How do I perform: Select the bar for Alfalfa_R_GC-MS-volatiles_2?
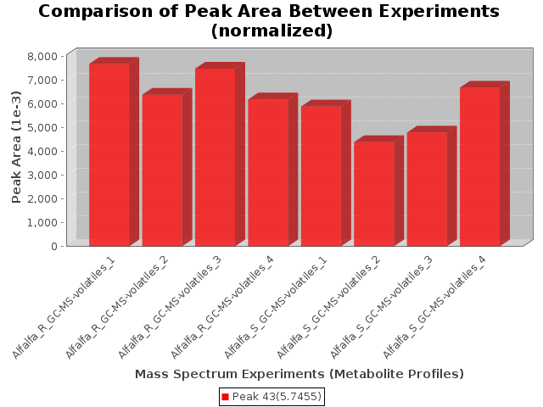pyautogui.click(x=162, y=170)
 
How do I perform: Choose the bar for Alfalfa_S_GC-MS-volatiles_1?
pyautogui.click(x=321, y=176)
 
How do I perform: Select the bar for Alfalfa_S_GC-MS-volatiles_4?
pyautogui.click(x=479, y=166)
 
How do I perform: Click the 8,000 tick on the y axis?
pyautogui.click(x=43, y=56)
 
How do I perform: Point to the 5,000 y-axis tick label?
pyautogui.click(x=43, y=127)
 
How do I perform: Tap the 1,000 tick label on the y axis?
pyautogui.click(x=43, y=222)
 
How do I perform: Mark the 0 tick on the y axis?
pyautogui.click(x=54, y=246)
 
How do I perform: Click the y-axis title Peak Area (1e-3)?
pyautogui.click(x=16, y=150)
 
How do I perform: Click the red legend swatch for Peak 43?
pyautogui.click(x=226, y=397)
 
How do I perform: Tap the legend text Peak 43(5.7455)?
pyautogui.click(x=277, y=397)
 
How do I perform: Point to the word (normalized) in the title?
pyautogui.click(x=271, y=31)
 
